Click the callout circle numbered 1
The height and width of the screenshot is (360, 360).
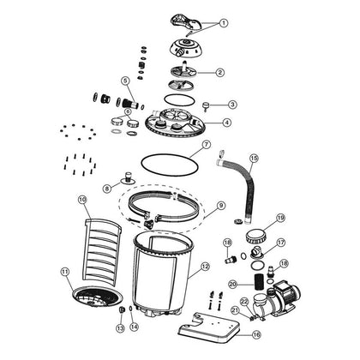(x=224, y=24)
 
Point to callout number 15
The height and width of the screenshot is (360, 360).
(x=253, y=158)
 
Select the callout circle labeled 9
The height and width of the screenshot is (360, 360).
(x=220, y=206)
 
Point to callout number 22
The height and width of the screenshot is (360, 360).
(x=243, y=300)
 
